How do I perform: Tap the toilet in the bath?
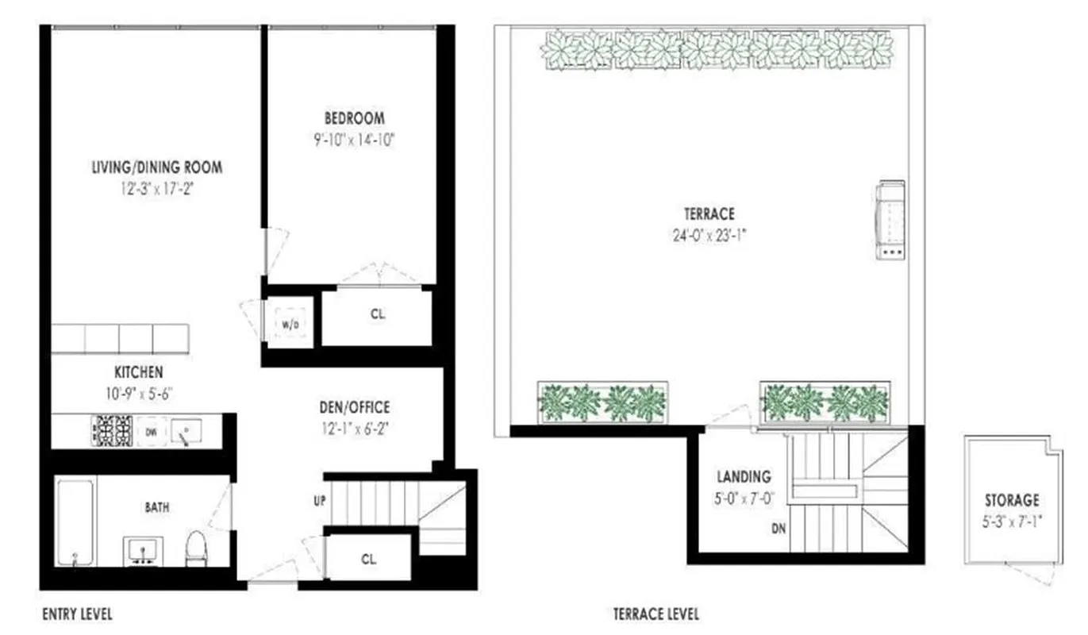pos(195,549)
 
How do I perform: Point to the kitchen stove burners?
pos(113,431)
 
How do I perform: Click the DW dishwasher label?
pos(151,431)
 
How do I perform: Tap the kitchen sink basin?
pos(186,431)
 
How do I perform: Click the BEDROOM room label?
pos(354,118)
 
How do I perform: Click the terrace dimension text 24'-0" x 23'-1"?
pos(709,235)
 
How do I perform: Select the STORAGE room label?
pos(1012,500)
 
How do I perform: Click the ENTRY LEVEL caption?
pos(76,614)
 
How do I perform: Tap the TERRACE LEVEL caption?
pos(655,614)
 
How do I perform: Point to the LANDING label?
pos(744,477)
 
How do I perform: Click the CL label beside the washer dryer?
pos(377,314)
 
